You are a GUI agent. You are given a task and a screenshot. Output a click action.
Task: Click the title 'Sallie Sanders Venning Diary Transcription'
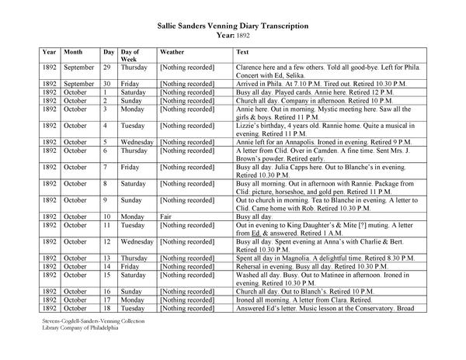tap(232, 26)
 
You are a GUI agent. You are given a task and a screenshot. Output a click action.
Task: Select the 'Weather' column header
tap(172, 51)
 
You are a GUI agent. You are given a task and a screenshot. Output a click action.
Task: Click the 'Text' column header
tap(242, 51)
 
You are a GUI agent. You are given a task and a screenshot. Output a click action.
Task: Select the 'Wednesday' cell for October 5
tap(138, 142)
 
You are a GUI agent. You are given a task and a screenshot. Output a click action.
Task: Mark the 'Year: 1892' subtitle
tap(232, 36)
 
